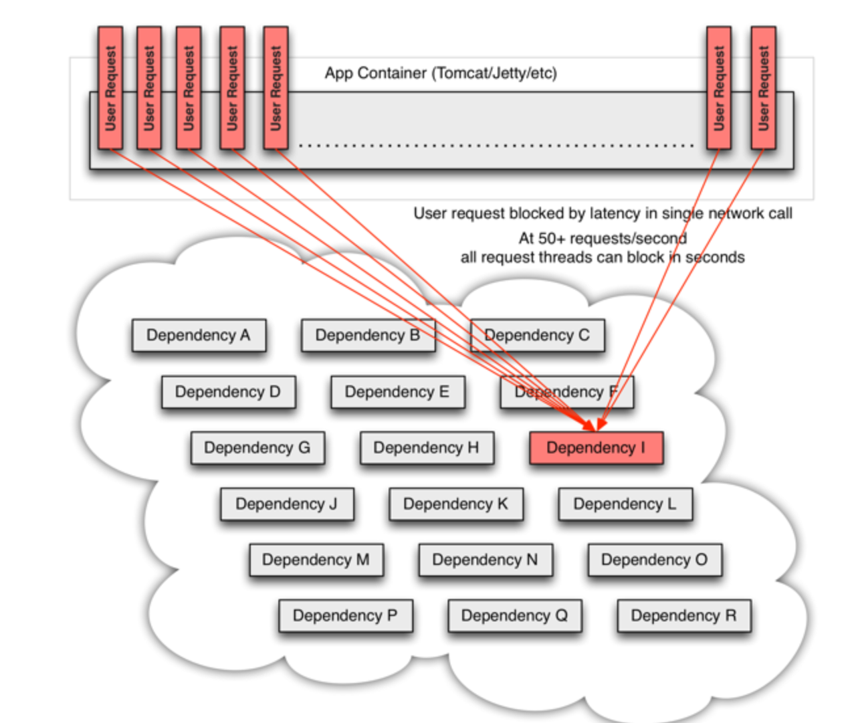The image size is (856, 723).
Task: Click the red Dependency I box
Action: (x=596, y=448)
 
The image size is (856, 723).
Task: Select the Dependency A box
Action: (x=199, y=336)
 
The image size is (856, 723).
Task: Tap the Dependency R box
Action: (x=684, y=615)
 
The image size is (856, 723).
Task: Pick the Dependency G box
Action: (x=258, y=448)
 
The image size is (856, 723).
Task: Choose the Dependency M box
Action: (x=316, y=560)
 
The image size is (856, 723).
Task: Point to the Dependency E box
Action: (x=398, y=392)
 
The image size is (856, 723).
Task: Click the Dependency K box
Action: (x=456, y=504)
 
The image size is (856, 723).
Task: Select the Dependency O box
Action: (x=655, y=560)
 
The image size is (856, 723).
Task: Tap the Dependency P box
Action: (x=346, y=615)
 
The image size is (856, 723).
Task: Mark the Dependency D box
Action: (x=228, y=392)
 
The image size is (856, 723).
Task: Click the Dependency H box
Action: (x=427, y=448)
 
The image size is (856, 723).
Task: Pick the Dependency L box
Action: (x=625, y=504)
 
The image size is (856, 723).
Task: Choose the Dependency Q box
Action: (x=515, y=615)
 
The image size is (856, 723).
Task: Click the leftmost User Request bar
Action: (x=110, y=88)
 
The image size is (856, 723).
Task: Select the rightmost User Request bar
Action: (x=763, y=88)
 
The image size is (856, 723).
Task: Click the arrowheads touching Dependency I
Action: (x=596, y=425)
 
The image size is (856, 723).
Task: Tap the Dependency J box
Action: (x=287, y=504)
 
